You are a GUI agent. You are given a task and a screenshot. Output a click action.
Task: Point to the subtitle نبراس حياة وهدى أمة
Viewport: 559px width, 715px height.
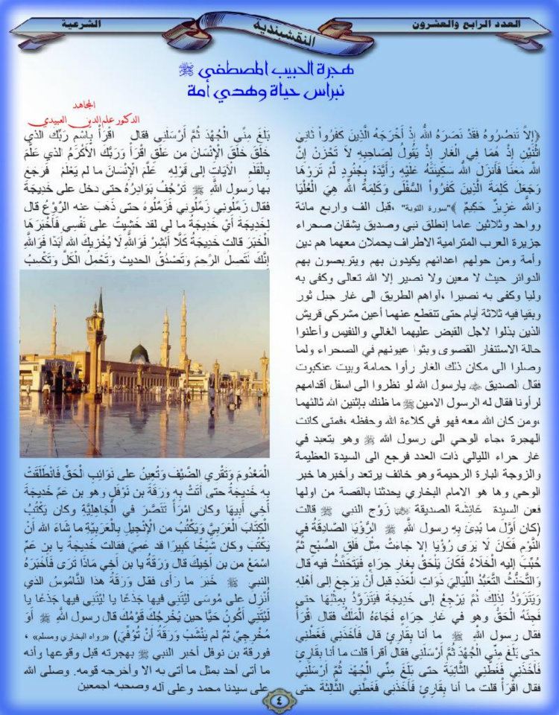279,92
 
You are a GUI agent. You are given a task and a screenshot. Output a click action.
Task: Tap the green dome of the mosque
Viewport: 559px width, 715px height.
139,352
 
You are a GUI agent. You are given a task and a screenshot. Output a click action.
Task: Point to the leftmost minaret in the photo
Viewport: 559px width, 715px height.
54,331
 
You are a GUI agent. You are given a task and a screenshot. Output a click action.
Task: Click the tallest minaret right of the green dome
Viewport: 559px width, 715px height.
183,328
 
